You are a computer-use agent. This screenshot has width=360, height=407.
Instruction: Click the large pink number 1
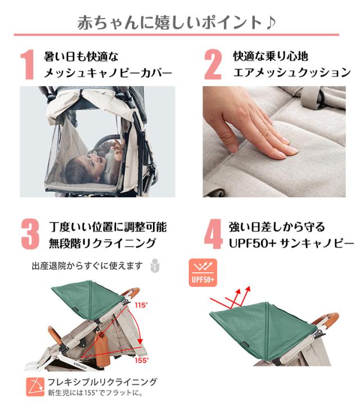[27, 65]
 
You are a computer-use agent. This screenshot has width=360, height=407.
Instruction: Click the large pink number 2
[213, 65]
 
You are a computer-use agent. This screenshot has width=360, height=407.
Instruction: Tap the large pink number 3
[30, 234]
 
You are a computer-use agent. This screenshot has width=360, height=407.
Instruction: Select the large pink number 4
[213, 234]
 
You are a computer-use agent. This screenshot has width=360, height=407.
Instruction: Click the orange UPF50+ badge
[202, 273]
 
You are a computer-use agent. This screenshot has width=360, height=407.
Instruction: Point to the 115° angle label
[141, 305]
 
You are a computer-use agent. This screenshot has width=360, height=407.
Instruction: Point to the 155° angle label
[142, 360]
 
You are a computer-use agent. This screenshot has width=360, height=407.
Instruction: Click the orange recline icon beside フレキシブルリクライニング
[35, 387]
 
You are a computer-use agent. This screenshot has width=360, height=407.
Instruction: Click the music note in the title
[271, 22]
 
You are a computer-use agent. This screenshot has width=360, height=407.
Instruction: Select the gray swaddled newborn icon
[155, 265]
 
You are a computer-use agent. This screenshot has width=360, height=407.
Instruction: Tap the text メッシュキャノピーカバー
[108, 73]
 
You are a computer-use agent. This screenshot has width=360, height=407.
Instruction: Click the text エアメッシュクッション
[292, 73]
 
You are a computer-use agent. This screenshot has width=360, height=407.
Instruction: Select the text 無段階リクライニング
[102, 243]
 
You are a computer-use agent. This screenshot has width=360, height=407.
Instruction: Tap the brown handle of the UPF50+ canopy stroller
[329, 318]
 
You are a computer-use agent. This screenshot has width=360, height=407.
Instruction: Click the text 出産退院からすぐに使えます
[87, 266]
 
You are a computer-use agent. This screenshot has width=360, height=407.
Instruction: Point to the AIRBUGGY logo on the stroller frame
[80, 365]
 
